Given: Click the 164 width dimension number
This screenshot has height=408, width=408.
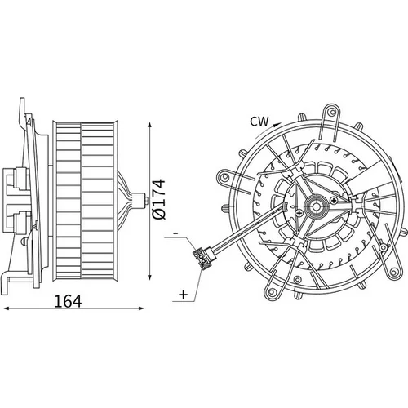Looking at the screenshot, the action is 68,301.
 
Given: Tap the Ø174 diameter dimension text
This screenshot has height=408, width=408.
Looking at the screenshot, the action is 159,199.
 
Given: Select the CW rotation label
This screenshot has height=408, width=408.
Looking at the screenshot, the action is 259,122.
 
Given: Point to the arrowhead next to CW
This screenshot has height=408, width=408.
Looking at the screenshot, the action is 277,125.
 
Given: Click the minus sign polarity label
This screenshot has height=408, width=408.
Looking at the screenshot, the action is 175,233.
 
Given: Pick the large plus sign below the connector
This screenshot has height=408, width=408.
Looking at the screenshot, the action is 184,295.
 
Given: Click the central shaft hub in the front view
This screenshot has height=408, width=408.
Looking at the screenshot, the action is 316,206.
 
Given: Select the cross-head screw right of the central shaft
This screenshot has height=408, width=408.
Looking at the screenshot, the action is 334,200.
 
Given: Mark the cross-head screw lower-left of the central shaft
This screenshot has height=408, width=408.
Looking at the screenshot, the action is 299,213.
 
